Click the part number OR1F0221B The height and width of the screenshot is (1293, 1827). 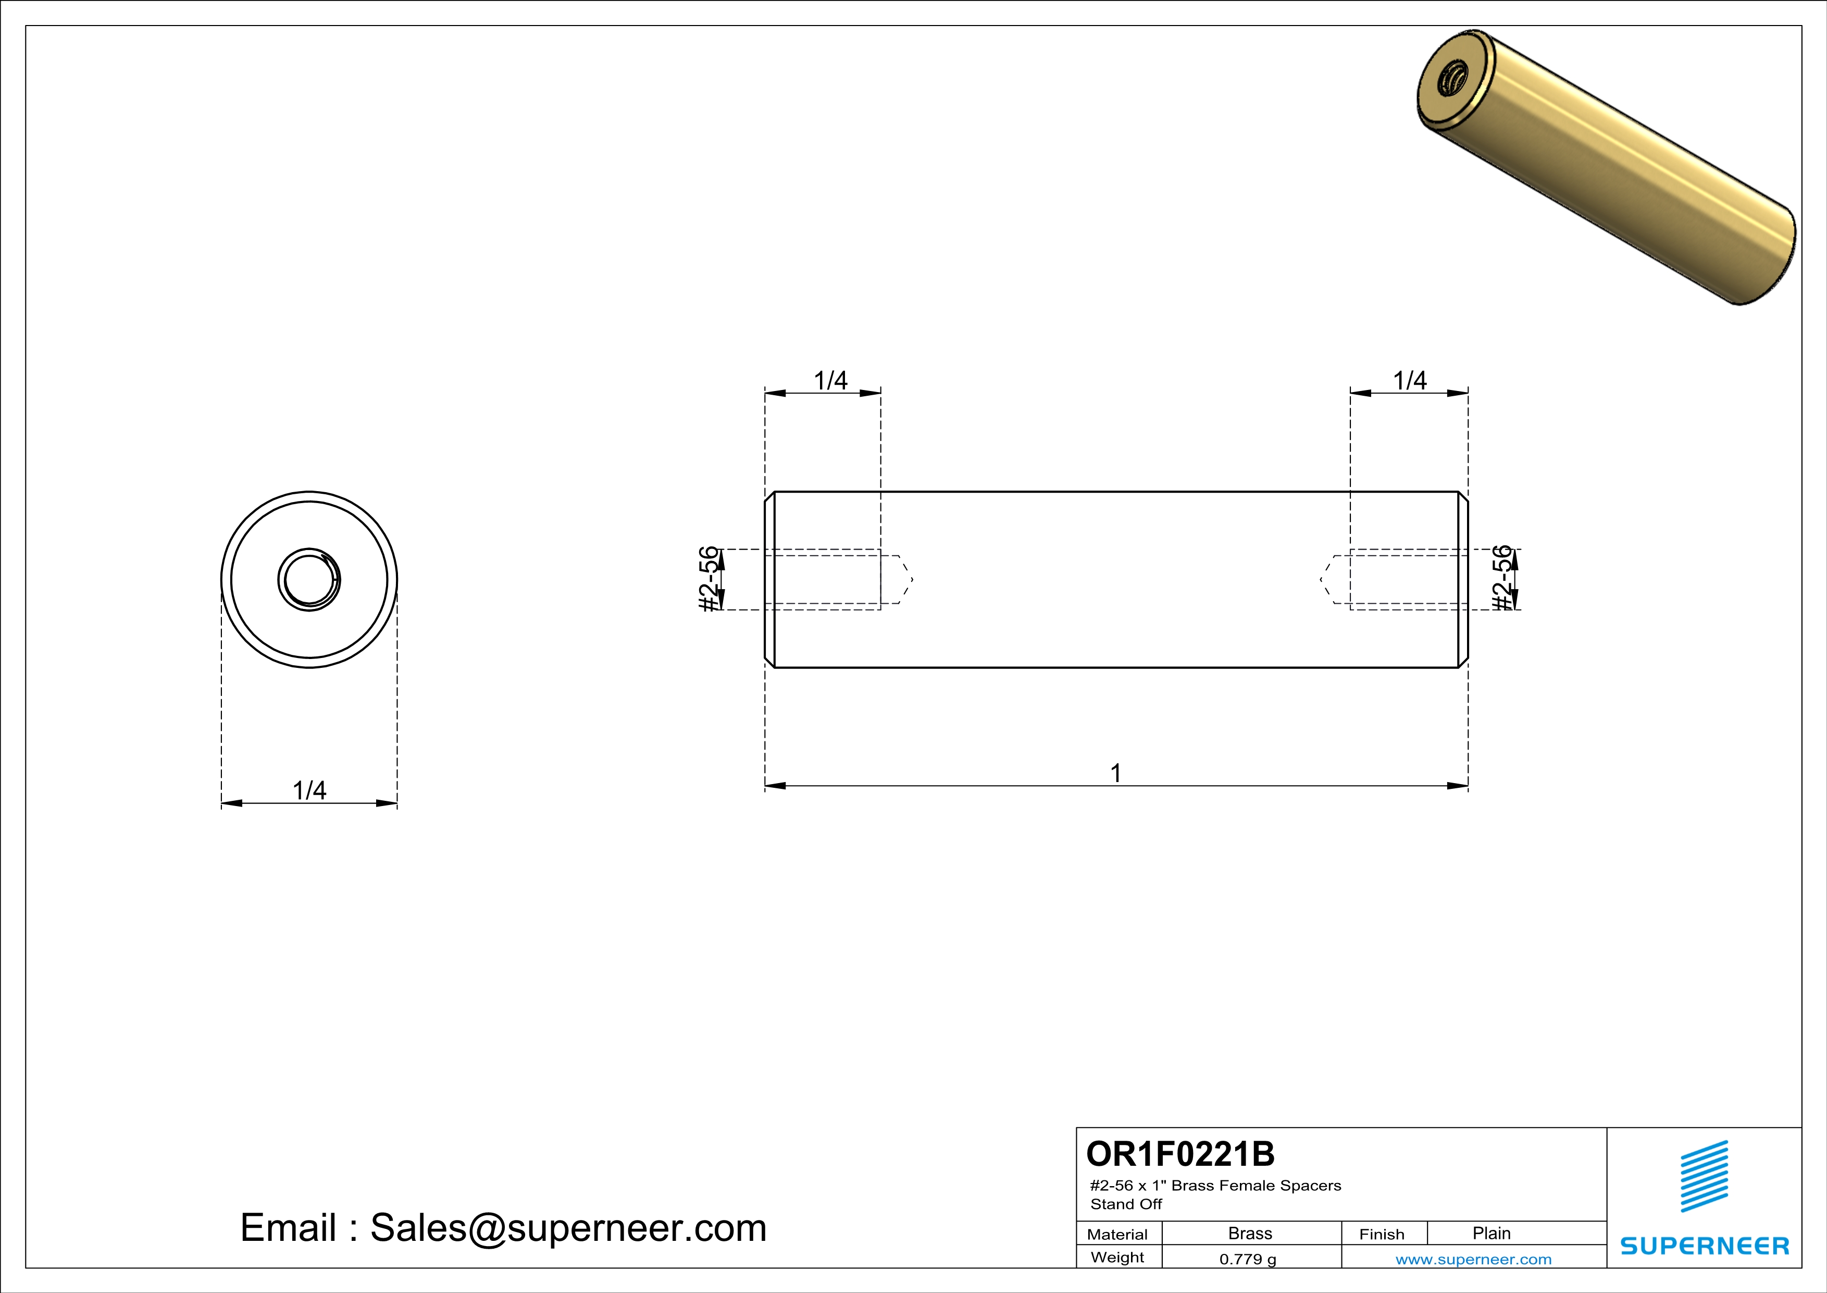point(1180,1154)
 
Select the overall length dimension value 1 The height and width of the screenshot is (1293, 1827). point(1115,773)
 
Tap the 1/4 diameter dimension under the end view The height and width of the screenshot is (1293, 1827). point(309,790)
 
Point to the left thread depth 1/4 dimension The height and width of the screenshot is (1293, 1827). point(830,381)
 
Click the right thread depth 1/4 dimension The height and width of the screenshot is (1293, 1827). point(1409,381)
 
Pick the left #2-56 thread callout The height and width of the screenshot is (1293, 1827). point(708,579)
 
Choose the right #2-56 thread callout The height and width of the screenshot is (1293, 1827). point(1501,578)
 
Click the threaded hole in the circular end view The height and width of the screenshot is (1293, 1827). point(309,580)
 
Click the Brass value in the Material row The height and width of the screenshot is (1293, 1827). point(1250,1233)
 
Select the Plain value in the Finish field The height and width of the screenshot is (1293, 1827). point(1491,1233)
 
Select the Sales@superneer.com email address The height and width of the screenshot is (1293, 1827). point(568,1228)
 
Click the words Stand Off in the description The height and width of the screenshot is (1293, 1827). point(1126,1204)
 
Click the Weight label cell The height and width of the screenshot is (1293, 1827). point(1117,1257)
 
